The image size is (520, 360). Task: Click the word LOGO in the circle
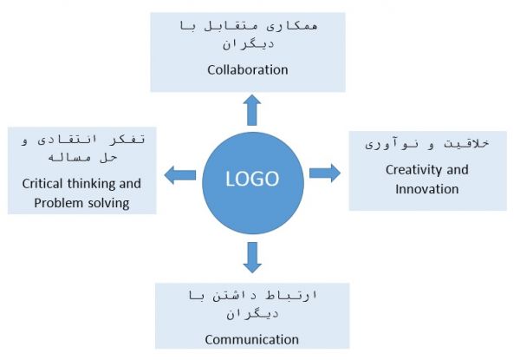pyautogui.click(x=252, y=179)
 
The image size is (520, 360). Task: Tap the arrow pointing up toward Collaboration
pyautogui.click(x=252, y=110)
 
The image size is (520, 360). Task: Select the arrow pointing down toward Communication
pyautogui.click(x=252, y=258)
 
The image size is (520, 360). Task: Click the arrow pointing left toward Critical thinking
pyautogui.click(x=180, y=175)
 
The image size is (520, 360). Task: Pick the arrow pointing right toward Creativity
pyautogui.click(x=325, y=173)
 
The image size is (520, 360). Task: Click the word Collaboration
pyautogui.click(x=248, y=69)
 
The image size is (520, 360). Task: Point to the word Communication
pyautogui.click(x=252, y=339)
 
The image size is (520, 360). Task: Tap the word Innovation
pyautogui.click(x=427, y=189)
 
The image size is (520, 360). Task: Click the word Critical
pyautogui.click(x=42, y=184)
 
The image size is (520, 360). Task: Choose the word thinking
pyautogui.click(x=91, y=184)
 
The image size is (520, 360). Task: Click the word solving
pyautogui.click(x=109, y=203)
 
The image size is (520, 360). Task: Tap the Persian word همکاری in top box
pyautogui.click(x=293, y=26)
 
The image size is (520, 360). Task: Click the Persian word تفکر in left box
pyautogui.click(x=127, y=139)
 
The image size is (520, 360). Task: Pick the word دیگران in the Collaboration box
pyautogui.click(x=249, y=43)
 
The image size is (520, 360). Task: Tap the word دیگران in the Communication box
pyautogui.click(x=252, y=313)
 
